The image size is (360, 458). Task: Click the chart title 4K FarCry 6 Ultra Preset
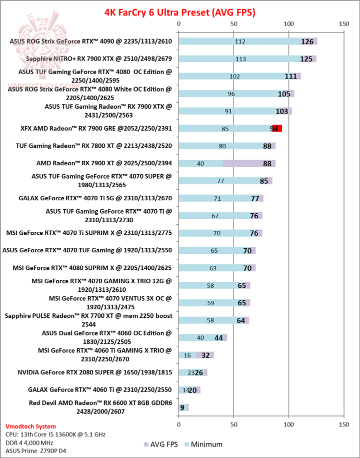[x=179, y=11]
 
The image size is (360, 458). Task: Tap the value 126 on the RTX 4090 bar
[x=307, y=41]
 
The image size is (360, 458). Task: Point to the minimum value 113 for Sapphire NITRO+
[x=240, y=59]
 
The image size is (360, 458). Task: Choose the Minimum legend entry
[x=203, y=444]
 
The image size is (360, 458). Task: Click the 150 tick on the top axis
[x=343, y=24]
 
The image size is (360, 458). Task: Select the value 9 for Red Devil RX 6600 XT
[x=182, y=407]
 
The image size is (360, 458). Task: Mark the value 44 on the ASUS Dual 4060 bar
[x=218, y=338]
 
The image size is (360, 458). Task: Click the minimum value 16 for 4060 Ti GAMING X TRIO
[x=187, y=355]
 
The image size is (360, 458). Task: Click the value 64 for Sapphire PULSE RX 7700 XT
[x=240, y=320]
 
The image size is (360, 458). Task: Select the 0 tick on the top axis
[x=179, y=24]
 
